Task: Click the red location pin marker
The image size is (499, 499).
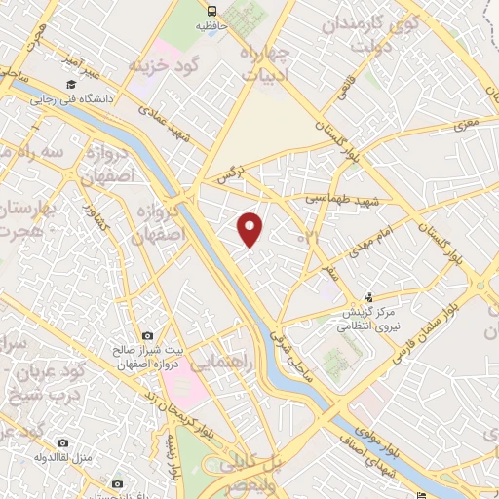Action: coord(250,228)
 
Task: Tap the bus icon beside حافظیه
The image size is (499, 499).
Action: coord(210,12)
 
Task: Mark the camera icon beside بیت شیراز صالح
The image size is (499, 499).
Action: coord(147,335)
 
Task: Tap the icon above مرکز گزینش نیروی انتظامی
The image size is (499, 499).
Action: coord(367,297)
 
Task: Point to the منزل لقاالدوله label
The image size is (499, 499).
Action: coord(62,457)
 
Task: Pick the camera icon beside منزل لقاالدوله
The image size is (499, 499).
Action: coord(62,442)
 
